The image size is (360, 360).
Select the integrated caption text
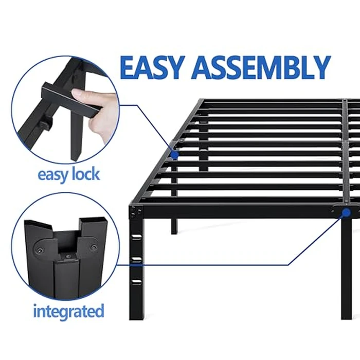pos(68,311)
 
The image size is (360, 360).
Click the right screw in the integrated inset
pos(93,247)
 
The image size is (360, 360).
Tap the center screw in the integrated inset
pos(66,255)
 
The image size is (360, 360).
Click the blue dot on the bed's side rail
pos(175,154)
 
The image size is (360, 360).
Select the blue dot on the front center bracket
pos(346,212)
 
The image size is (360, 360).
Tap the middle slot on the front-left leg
pos(137,258)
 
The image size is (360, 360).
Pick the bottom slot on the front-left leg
pos(137,280)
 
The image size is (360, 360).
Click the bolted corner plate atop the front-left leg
pos(136,210)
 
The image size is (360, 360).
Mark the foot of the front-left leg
pos(137,315)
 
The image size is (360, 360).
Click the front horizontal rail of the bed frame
pos(237,209)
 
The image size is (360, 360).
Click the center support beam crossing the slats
pos(345,149)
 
